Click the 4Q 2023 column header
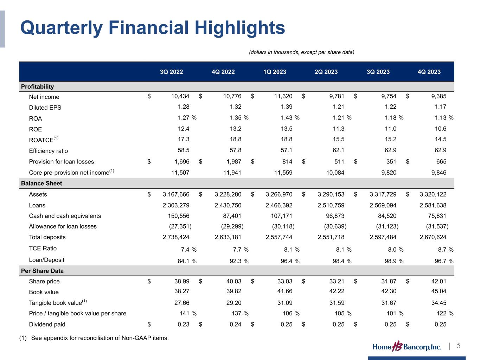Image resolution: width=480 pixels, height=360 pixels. [429, 72]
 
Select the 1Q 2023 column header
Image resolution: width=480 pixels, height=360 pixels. [275, 72]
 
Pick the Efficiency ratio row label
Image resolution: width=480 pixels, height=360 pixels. [48, 151]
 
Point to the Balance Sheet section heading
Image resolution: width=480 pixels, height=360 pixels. [41, 183]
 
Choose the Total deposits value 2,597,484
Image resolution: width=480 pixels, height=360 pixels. [383, 237]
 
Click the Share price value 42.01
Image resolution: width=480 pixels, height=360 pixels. [438, 281]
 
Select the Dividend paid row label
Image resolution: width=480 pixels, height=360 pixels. [47, 324]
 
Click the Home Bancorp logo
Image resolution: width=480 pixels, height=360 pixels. [407, 347]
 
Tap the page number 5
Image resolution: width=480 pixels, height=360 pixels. [459, 346]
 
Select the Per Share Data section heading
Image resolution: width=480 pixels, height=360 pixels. [42, 271]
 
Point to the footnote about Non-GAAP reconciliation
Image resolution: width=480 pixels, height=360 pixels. [94, 338]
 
